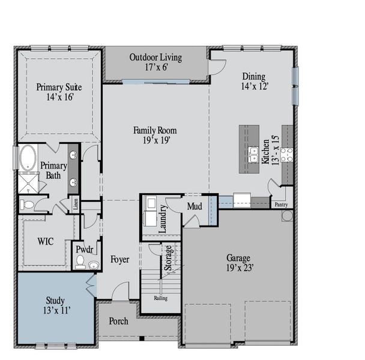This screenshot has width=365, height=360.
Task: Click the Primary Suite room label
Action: tap(59, 87)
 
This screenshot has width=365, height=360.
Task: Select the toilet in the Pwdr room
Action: tap(80, 262)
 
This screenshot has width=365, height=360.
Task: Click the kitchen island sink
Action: tap(253, 154)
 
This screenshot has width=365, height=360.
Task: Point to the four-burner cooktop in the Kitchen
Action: tap(286, 155)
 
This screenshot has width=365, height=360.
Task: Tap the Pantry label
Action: tap(281, 205)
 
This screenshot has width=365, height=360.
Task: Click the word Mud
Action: tap(194, 207)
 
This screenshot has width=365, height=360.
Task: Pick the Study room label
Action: tap(55, 301)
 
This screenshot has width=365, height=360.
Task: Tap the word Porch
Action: tap(118, 322)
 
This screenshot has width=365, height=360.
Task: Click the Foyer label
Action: tap(120, 259)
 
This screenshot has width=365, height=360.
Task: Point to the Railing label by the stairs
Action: tap(160, 298)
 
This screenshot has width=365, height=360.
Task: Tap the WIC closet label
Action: tap(46, 241)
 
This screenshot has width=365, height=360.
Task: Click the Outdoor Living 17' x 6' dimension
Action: tap(155, 67)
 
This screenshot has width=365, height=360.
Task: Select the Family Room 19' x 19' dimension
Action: tap(155, 140)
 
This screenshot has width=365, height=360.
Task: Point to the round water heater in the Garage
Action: tap(287, 215)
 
